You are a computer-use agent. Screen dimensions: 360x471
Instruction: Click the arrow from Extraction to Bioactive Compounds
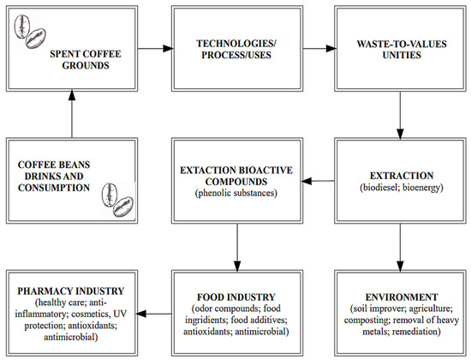[x=322, y=180]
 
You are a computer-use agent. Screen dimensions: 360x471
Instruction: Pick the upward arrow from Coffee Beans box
[x=74, y=117]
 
